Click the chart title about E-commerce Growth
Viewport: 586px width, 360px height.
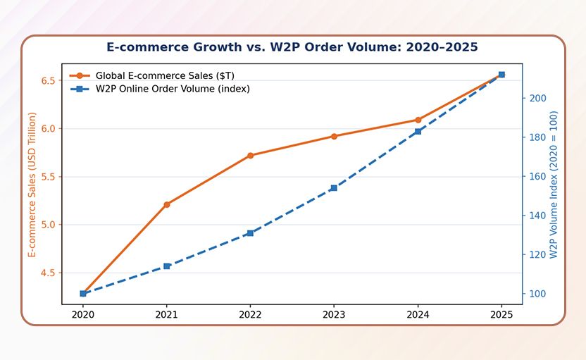pyautogui.click(x=292, y=47)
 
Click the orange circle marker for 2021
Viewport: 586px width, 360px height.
pyautogui.click(x=167, y=204)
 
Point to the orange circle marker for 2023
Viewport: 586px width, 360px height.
pyautogui.click(x=335, y=136)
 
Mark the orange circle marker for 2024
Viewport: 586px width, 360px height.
pyautogui.click(x=418, y=120)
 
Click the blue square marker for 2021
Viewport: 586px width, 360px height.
pyautogui.click(x=167, y=266)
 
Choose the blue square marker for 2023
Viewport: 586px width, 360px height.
pyautogui.click(x=335, y=188)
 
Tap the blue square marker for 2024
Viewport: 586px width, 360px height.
pyautogui.click(x=418, y=132)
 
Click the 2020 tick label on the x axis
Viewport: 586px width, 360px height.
pyautogui.click(x=83, y=315)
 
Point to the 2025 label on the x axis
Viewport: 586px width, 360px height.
pyautogui.click(x=501, y=315)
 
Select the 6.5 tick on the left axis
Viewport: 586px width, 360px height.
pyautogui.click(x=48, y=80)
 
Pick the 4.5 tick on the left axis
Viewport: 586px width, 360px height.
pyautogui.click(x=48, y=273)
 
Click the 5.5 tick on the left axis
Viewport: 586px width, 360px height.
pyautogui.click(x=48, y=177)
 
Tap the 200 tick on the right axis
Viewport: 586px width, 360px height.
pyautogui.click(x=537, y=99)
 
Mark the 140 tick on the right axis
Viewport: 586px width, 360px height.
pyautogui.click(x=537, y=216)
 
